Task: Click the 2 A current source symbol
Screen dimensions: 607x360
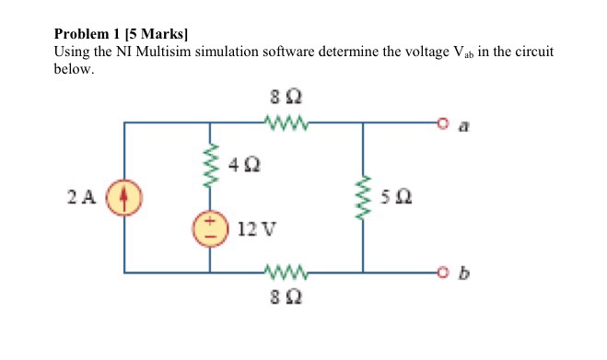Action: tap(124, 197)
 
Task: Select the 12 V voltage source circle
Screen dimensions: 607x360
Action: tap(210, 228)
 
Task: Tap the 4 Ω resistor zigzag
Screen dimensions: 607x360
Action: tap(210, 165)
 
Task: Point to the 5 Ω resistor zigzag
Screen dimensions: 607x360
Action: tap(363, 197)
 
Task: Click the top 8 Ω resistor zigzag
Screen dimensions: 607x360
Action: tap(286, 122)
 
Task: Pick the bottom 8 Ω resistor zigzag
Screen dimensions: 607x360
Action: tap(286, 273)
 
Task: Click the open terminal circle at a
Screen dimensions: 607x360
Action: tap(443, 123)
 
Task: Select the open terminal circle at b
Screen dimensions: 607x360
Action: tap(443, 273)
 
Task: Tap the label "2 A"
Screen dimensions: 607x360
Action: tap(81, 197)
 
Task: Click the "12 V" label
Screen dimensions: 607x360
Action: tap(257, 228)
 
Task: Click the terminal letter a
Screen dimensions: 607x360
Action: tap(463, 126)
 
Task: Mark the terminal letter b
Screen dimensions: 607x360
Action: tap(463, 273)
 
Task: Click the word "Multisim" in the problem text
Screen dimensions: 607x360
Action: tap(163, 52)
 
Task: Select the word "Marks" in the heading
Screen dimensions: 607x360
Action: tap(162, 34)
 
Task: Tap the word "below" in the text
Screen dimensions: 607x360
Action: tap(72, 69)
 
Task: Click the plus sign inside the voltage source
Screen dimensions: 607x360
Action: tap(209, 221)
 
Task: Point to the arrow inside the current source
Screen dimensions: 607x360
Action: tap(123, 197)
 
